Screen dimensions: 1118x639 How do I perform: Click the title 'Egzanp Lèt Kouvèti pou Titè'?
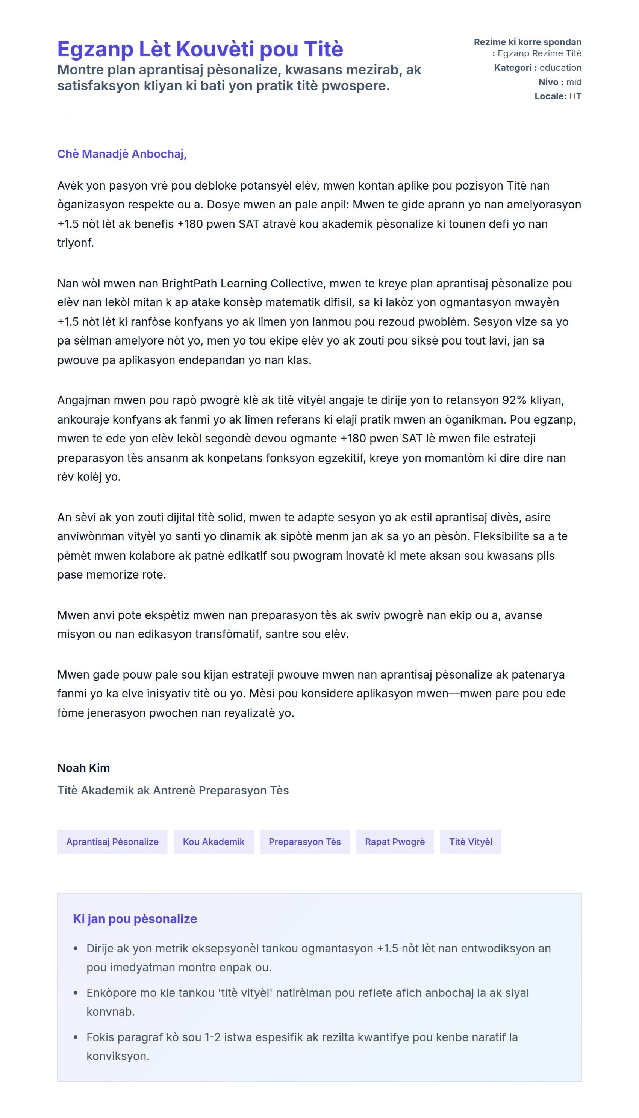200,49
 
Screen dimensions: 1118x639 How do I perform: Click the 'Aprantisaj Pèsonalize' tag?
112,842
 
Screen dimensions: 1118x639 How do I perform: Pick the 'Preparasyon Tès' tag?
304,842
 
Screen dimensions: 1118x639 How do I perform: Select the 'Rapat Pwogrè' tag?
395,842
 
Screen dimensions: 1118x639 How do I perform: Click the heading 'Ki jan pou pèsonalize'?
135,919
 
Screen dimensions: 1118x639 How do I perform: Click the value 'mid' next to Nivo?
574,82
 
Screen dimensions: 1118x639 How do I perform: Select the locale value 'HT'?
575,96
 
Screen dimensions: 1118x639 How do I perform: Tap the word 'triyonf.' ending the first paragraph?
76,243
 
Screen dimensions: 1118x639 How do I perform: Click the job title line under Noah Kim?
173,790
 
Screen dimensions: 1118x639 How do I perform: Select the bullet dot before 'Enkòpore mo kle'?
76,993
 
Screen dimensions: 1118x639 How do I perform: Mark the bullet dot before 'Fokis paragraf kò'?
76,1037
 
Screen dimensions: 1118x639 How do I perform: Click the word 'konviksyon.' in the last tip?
118,1056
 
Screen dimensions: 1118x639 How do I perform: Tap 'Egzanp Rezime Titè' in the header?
539,53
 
